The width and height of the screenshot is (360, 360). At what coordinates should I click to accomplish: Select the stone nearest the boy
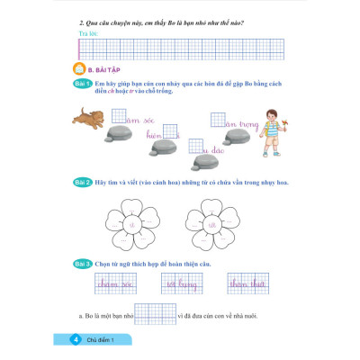click(229, 135)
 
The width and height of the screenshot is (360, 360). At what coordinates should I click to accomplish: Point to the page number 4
click(75, 340)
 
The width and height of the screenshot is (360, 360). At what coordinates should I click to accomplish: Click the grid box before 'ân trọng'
click(217, 119)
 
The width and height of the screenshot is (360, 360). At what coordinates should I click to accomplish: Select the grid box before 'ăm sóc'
click(119, 114)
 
